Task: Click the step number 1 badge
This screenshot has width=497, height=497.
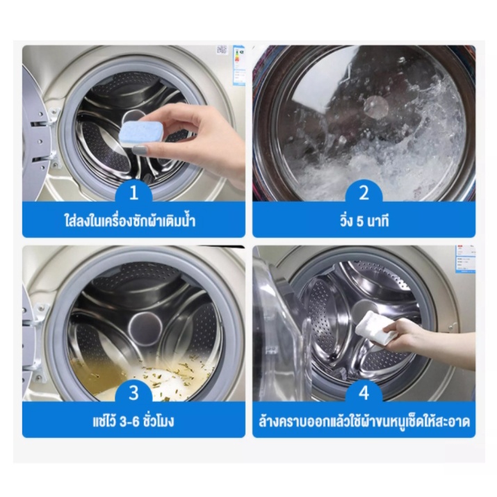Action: pyautogui.click(x=133, y=193)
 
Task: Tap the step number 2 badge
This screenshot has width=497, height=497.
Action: pyautogui.click(x=364, y=193)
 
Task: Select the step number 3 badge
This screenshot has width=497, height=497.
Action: pyautogui.click(x=133, y=393)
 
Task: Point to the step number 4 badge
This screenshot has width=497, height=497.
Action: pyautogui.click(x=364, y=393)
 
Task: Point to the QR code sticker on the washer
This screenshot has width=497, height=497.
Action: pyautogui.click(x=222, y=50)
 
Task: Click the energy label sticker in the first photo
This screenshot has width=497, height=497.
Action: pyautogui.click(x=238, y=65)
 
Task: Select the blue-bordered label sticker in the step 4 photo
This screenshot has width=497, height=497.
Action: pyautogui.click(x=465, y=259)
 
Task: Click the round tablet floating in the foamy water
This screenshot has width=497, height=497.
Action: pyautogui.click(x=376, y=107)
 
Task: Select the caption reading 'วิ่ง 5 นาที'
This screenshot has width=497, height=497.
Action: pyautogui.click(x=364, y=221)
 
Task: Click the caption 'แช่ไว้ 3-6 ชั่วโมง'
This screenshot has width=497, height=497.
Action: pyautogui.click(x=133, y=421)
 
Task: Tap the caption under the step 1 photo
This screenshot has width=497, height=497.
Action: pyautogui.click(x=130, y=220)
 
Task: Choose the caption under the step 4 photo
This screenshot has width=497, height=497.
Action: pyautogui.click(x=364, y=421)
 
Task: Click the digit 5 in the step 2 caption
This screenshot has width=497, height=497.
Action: pyautogui.click(x=359, y=222)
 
